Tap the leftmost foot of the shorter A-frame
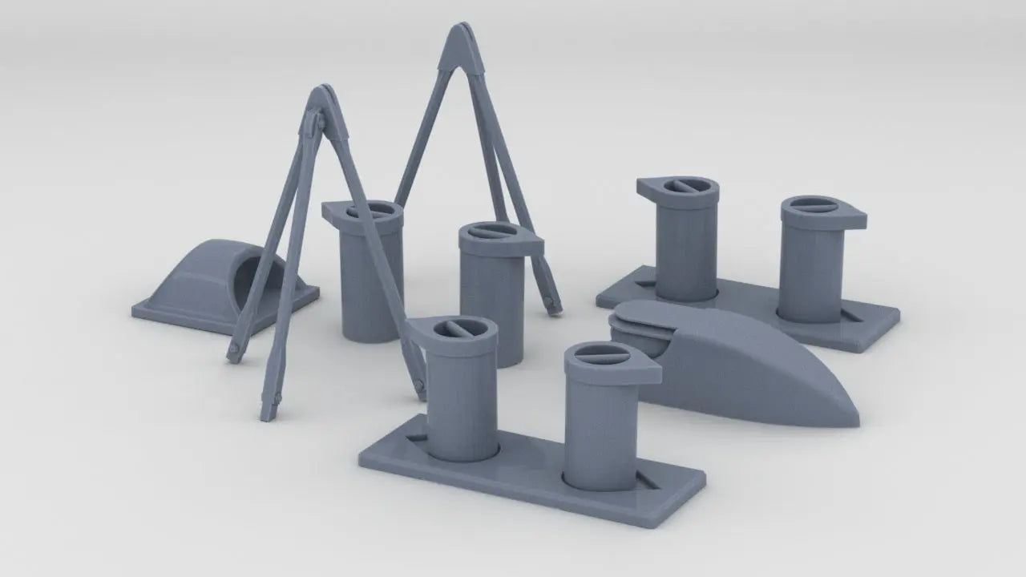pyautogui.click(x=233, y=353)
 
